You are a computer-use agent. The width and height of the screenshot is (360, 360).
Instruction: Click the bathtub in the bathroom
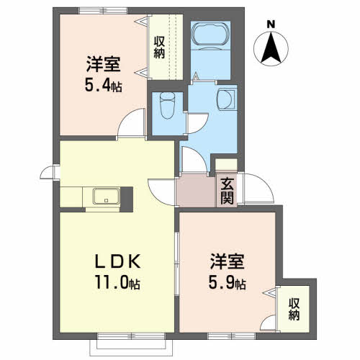click(211, 34)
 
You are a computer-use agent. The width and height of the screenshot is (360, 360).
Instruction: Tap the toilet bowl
click(167, 106)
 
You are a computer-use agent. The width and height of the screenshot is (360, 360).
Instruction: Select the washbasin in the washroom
click(225, 99)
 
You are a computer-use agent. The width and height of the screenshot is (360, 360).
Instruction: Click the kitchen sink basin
click(107, 196)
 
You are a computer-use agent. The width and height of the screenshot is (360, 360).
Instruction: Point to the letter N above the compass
click(271, 24)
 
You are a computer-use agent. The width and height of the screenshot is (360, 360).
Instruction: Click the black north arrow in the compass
click(271, 48)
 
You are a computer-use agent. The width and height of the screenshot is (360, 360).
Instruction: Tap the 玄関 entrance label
click(227, 192)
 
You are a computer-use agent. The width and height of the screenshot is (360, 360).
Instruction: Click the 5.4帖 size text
click(103, 85)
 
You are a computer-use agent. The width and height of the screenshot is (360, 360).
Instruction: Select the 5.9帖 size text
click(227, 283)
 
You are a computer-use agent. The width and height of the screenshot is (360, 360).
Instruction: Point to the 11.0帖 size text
click(117, 282)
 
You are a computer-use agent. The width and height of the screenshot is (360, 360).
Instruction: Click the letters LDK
click(117, 261)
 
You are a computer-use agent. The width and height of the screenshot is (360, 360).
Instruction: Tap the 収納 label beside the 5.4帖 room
click(159, 48)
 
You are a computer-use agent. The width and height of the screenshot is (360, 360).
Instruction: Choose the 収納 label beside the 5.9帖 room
click(294, 310)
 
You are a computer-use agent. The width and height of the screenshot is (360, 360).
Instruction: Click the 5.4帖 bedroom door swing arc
click(125, 117)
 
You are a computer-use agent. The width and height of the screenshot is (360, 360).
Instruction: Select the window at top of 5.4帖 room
click(103, 11)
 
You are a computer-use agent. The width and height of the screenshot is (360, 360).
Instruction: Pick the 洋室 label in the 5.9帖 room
click(227, 261)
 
